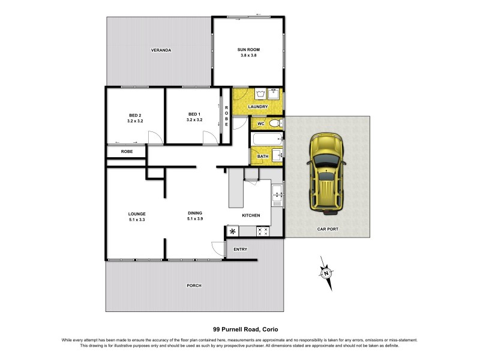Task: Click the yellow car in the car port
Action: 327,173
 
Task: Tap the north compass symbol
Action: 326,274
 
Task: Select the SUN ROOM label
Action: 248,50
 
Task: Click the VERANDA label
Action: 161,50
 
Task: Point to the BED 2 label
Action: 135,115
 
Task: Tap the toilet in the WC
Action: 275,124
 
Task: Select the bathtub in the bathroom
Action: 266,140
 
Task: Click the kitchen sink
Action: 277,193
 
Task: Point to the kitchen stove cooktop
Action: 263,230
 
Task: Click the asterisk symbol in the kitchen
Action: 232,230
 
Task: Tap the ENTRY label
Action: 240,249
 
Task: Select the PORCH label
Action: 194,285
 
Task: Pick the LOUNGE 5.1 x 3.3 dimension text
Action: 137,220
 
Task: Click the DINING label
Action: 194,213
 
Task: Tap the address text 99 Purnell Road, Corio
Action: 239,329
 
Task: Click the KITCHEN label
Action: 251,215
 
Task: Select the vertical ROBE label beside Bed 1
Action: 227,116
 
